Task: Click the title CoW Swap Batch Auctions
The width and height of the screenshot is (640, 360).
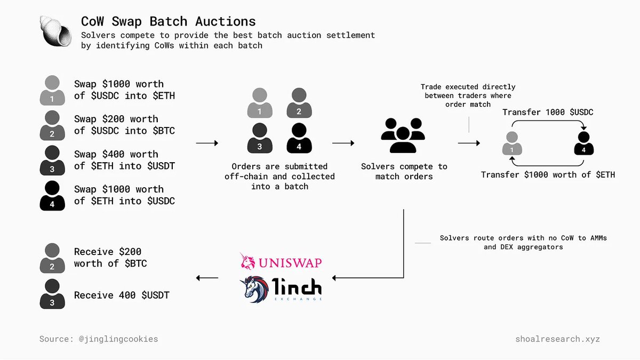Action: click(x=168, y=21)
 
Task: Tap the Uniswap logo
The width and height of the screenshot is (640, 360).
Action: click(x=281, y=262)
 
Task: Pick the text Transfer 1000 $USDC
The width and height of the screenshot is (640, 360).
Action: click(x=548, y=112)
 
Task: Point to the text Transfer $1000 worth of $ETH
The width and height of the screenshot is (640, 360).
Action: click(x=548, y=174)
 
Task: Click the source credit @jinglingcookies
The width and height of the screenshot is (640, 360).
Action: click(x=99, y=339)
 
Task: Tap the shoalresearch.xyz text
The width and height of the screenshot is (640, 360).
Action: click(x=557, y=339)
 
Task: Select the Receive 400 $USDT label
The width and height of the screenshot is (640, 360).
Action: click(x=122, y=295)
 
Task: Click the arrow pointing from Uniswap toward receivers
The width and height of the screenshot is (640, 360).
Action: click(x=207, y=278)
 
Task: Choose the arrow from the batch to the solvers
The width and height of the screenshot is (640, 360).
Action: click(x=343, y=143)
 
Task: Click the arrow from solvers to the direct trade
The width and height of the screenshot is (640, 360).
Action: click(x=469, y=143)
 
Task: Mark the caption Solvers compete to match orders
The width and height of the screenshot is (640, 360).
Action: click(x=404, y=171)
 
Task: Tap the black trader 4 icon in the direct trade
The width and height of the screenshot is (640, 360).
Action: click(x=584, y=143)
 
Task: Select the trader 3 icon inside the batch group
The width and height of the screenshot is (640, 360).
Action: click(x=260, y=137)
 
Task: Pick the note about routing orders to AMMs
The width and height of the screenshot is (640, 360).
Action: click(x=523, y=243)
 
